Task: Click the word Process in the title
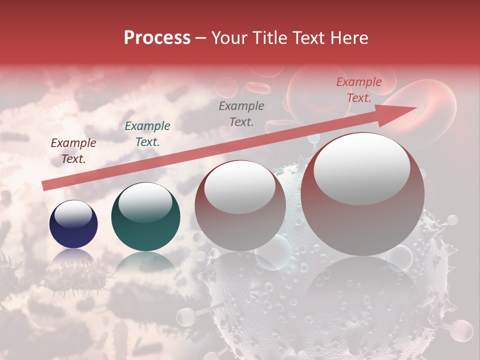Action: point(157,38)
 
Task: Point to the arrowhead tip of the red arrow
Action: point(416,107)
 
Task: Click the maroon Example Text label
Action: point(73,151)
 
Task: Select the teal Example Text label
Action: point(147,134)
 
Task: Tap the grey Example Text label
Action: point(241,113)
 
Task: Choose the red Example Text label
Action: point(359,90)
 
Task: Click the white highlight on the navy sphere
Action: point(73,214)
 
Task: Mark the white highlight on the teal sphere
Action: point(145,201)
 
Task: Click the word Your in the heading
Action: point(230,38)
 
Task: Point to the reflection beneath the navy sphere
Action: point(73,257)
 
